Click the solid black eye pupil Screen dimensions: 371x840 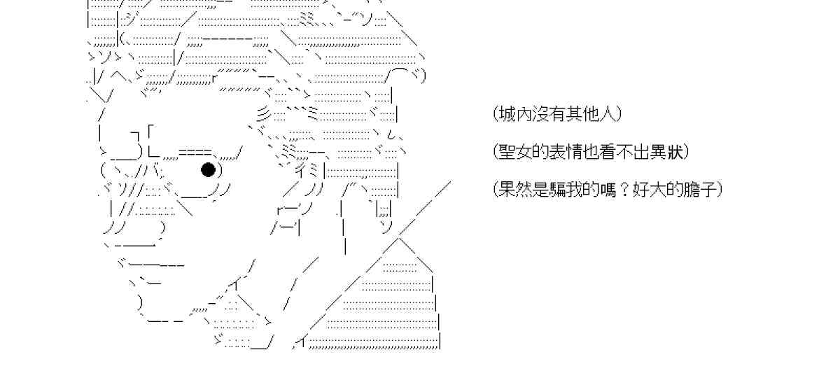coord(208,169)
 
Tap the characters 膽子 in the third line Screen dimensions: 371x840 coord(697,189)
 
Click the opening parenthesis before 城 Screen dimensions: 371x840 coord(494,113)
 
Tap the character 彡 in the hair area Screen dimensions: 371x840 coord(261,113)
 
